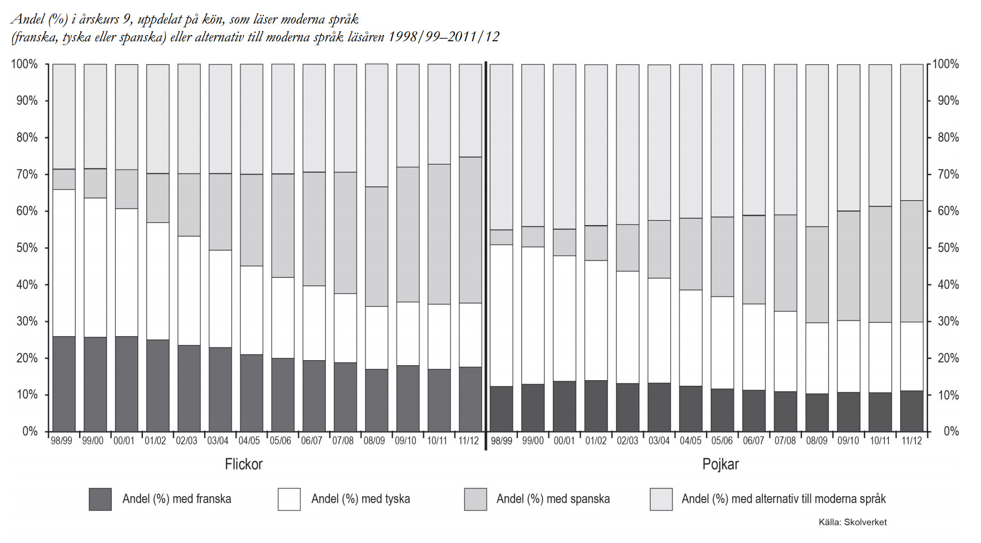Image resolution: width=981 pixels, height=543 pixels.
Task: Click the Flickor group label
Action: point(243,464)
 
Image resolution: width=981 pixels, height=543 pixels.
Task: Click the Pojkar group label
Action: point(720,464)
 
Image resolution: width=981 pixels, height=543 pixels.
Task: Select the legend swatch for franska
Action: point(100,499)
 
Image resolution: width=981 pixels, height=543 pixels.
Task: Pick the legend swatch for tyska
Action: point(289,499)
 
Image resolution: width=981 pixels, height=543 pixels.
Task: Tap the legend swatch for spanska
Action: point(475,499)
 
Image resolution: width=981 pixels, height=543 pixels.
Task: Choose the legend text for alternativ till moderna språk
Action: point(783,499)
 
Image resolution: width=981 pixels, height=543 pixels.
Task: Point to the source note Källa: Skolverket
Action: point(852,522)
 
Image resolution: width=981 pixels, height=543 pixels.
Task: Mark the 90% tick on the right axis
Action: point(948,101)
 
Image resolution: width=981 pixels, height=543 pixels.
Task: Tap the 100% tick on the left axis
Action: point(25,64)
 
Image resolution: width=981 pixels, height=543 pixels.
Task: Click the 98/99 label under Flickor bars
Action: point(61,441)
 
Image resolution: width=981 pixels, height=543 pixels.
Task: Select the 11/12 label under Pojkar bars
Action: point(911,441)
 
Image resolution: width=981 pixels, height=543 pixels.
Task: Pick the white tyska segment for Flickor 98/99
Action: point(64,263)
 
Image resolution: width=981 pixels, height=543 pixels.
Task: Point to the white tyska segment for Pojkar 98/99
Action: point(501,315)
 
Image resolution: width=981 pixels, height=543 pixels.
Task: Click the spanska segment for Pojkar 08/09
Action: point(817,274)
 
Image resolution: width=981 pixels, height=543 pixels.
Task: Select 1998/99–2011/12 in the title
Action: point(444,37)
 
